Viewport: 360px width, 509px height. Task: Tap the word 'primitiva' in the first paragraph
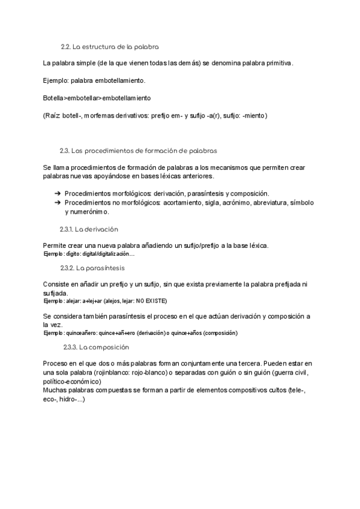278,63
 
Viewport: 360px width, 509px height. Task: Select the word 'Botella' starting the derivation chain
53,97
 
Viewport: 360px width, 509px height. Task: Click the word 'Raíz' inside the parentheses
53,115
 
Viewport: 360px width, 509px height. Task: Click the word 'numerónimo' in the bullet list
86,212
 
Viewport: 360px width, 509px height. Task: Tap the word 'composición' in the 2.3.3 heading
110,347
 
